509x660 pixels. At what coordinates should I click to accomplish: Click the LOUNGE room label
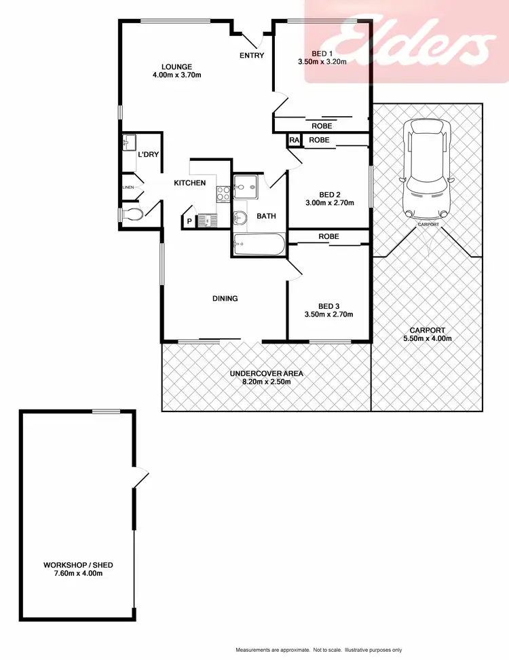pos(168,66)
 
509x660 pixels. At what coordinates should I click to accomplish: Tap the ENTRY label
pos(252,56)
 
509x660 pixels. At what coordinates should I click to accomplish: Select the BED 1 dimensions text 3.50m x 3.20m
pos(322,62)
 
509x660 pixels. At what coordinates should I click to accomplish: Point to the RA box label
pos(294,140)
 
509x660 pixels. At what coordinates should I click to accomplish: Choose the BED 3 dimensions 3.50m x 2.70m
pos(329,314)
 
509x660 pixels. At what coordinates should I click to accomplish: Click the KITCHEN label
pos(190,183)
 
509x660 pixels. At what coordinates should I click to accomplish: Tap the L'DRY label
pos(148,155)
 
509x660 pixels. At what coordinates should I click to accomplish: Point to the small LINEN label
pos(128,187)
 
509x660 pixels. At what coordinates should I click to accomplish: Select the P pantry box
pos(189,221)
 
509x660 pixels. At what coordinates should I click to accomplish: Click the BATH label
pos(266,217)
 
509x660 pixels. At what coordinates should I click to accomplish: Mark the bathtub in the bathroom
pos(258,245)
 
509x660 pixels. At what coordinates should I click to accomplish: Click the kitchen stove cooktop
pos(223,193)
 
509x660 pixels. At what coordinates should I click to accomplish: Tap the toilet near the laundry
pos(131,215)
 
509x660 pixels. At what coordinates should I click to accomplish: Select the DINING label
pos(225,298)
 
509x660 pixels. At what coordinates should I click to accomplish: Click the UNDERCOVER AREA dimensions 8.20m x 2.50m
pos(266,382)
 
